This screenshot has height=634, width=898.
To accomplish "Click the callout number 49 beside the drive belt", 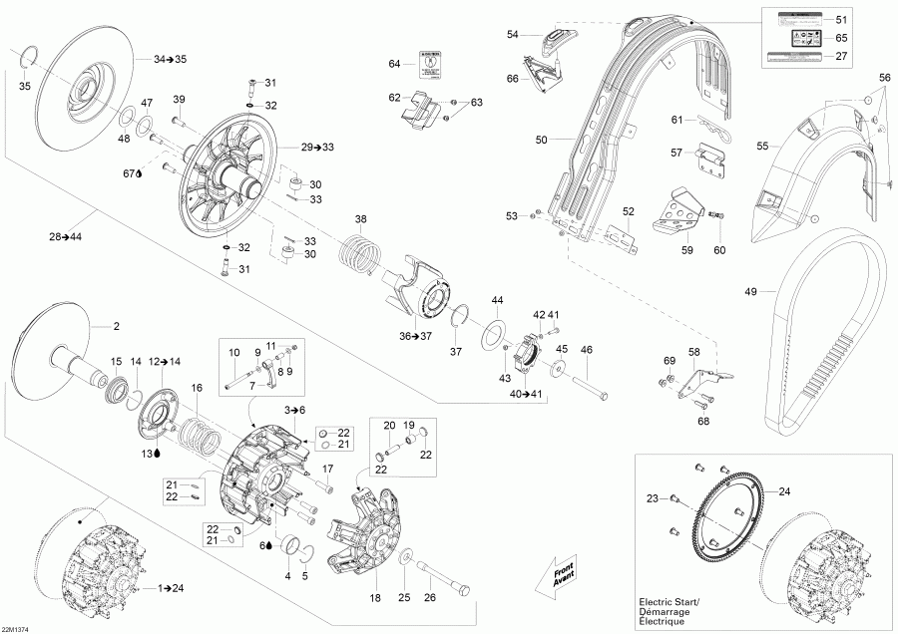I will point(751,292).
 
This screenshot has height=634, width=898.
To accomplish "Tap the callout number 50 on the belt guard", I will point(541,141).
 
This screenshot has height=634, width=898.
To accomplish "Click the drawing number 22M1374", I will point(16,628).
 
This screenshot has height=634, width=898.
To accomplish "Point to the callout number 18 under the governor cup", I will point(375,597).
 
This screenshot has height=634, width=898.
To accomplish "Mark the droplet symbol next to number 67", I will point(139,173).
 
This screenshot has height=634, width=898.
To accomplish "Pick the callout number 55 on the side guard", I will point(762,146).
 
